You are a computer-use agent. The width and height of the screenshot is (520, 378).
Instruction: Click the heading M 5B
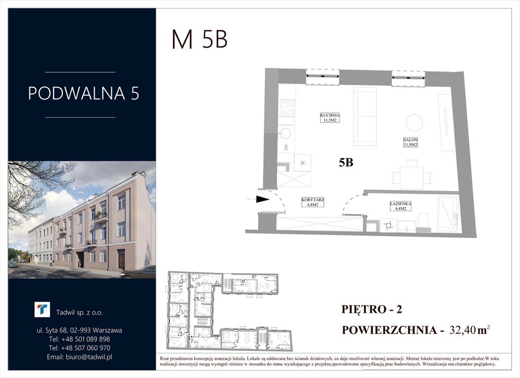click(199, 40)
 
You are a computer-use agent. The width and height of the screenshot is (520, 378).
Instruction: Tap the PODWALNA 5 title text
click(83, 94)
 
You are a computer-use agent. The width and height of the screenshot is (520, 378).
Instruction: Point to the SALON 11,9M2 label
click(410, 142)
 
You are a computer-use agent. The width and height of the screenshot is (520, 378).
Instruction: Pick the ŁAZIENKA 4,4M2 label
click(399, 206)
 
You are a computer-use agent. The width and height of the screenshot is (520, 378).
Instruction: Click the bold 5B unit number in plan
click(346, 163)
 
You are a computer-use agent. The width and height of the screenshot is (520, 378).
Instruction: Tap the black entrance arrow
click(263, 199)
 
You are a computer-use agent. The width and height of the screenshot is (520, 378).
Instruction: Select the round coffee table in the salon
click(414, 123)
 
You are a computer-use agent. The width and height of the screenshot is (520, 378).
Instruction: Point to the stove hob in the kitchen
click(287, 108)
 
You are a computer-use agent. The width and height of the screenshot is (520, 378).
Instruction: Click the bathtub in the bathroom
click(448, 214)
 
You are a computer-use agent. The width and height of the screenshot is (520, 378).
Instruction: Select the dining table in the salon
click(411, 177)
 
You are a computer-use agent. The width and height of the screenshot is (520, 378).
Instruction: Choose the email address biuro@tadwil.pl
click(80, 357)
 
